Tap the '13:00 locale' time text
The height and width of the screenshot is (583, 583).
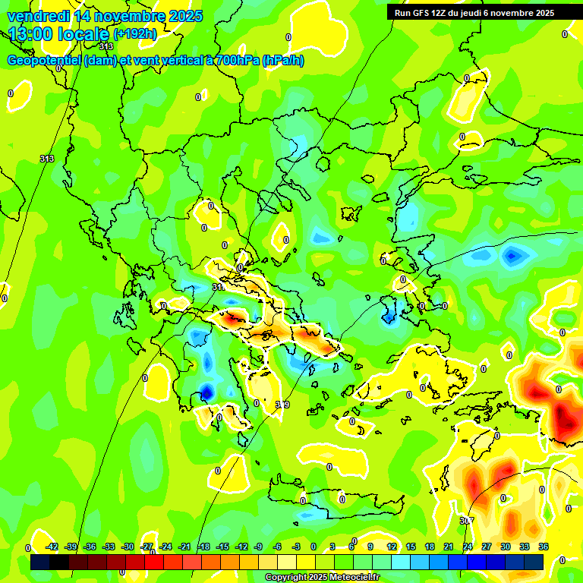coord(59,34)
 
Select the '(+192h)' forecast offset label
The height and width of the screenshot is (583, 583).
coord(135,34)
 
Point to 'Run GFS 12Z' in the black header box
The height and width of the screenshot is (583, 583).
coord(422,13)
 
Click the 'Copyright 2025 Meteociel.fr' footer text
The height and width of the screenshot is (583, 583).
coord(322,578)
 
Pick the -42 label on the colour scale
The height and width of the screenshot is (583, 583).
coord(52,547)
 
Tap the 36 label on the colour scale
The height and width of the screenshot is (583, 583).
coord(544,547)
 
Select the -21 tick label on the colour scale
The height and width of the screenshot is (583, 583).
coord(184,547)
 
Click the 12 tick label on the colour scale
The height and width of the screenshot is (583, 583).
coord(392,547)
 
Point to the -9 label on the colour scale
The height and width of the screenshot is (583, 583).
coord(258,547)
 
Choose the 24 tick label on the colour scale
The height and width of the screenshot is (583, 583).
coord(468,547)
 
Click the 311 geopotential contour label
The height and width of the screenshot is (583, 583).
coord(218,288)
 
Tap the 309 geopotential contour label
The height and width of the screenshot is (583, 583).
coord(282,405)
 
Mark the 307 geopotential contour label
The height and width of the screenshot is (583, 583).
coord(467,521)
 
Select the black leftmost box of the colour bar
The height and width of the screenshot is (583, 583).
coord(40,562)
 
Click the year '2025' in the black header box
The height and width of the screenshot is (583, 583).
coord(541,13)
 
